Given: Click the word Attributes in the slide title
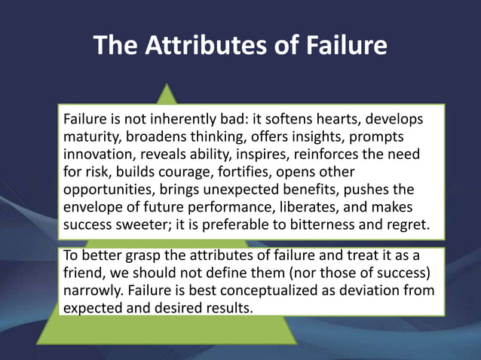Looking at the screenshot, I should click(x=199, y=47).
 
